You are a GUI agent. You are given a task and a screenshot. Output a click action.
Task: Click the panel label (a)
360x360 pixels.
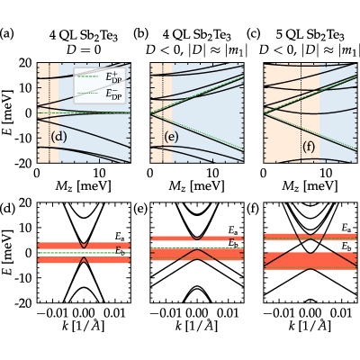[7, 34]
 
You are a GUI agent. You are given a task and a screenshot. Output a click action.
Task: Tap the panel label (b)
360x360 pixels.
[140, 34]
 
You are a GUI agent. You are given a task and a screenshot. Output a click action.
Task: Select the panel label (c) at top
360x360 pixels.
[254, 34]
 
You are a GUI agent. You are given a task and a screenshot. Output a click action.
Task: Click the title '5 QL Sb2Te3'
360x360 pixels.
[310, 36]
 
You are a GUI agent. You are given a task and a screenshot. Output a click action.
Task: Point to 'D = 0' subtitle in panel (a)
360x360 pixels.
[84, 49]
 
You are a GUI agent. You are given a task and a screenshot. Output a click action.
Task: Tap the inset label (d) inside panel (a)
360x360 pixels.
[58, 137]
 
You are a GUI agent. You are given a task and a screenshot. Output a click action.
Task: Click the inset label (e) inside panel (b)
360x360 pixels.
[171, 137]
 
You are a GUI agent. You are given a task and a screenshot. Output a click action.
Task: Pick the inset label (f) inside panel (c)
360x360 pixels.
[310, 148]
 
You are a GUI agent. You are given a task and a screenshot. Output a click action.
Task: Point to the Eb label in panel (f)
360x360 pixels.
[346, 247]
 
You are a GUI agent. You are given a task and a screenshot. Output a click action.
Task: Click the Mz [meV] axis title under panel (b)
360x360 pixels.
[196, 186]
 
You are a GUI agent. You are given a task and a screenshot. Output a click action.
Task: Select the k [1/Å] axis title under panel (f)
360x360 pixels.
[310, 326]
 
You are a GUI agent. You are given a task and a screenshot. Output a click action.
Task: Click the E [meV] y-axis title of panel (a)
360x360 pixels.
[7, 112]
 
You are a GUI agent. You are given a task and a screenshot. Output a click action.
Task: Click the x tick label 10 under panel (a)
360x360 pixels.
[99, 173]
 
